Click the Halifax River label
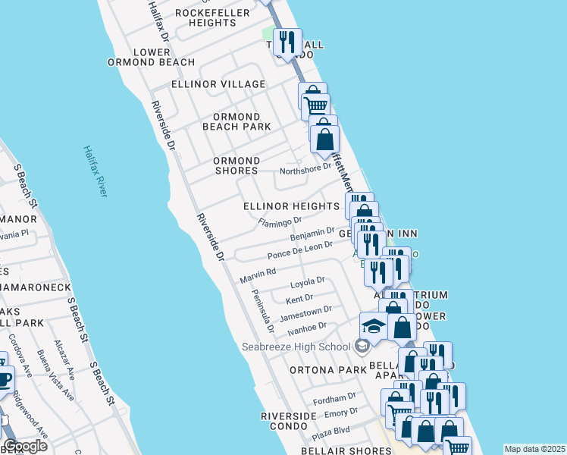(96, 171)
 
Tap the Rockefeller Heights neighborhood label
(205, 17)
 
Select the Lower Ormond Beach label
(151, 57)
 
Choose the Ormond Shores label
(236, 166)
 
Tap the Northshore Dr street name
(306, 169)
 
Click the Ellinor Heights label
(291, 206)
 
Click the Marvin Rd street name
(258, 275)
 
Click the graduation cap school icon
(374, 326)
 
